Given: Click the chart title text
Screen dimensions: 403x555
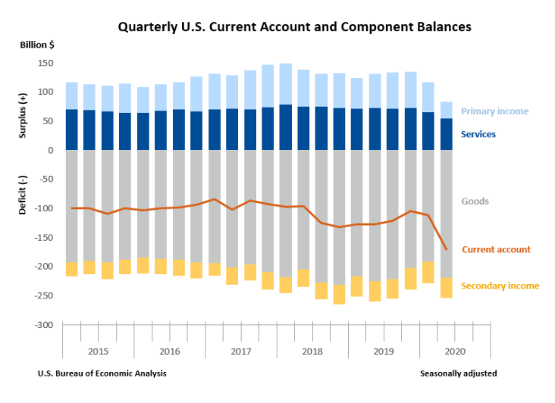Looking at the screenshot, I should (x=294, y=27).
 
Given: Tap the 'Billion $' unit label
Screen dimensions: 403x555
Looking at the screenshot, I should (x=37, y=45).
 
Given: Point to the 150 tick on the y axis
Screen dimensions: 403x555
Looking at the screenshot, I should (x=45, y=63).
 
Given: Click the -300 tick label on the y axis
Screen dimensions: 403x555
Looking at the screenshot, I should (x=43, y=325).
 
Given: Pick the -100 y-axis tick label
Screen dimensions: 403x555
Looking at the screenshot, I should (x=43, y=208).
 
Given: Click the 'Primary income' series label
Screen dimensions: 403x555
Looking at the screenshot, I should (x=494, y=111).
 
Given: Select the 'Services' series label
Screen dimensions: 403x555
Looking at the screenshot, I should (x=478, y=134).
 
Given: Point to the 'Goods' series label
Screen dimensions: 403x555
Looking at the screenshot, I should (x=475, y=202).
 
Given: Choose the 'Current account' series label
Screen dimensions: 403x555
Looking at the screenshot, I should (x=496, y=249).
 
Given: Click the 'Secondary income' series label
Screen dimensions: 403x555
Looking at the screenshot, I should (x=500, y=286).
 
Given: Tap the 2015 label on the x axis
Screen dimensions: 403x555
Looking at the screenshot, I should (x=99, y=351).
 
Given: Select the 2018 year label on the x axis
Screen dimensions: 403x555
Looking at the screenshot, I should (x=312, y=351).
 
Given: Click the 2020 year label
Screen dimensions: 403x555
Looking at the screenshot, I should (x=455, y=351).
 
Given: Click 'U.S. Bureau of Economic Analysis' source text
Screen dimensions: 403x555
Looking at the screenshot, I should (x=102, y=373).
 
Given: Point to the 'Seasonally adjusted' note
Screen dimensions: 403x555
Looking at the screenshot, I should (x=458, y=373).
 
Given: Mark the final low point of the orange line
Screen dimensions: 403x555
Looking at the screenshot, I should (x=446, y=249).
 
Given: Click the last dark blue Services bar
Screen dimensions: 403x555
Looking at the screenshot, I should (x=446, y=134).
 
